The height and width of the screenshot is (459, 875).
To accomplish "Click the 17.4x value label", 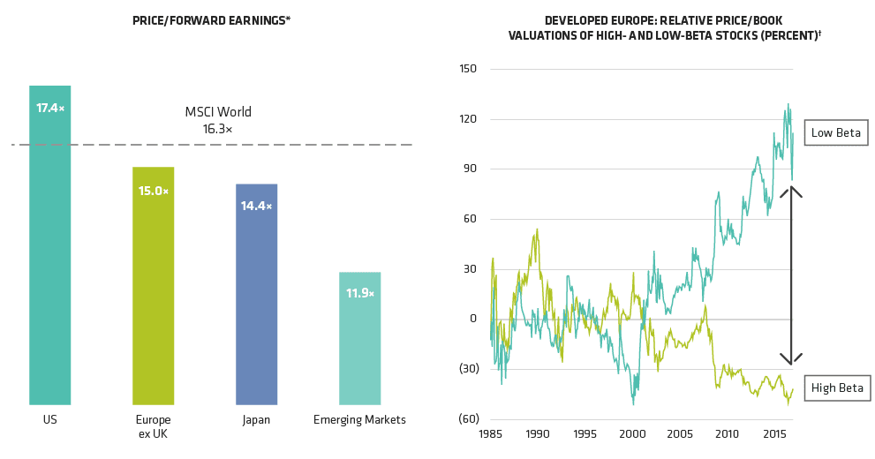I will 50,108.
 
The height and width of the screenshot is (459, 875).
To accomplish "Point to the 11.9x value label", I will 360,293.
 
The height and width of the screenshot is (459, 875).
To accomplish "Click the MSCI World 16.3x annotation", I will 218,120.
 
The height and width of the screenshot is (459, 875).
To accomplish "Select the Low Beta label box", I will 836,133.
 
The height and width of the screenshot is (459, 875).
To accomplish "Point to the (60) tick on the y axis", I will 469,419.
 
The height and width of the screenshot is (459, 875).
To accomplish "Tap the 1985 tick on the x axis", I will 492,434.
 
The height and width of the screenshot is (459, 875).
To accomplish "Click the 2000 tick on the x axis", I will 632,434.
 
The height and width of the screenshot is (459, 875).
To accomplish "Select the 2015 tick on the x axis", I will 773,434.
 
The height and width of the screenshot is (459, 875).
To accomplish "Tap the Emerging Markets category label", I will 360,420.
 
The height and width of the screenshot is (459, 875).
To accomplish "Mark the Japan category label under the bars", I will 257,420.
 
